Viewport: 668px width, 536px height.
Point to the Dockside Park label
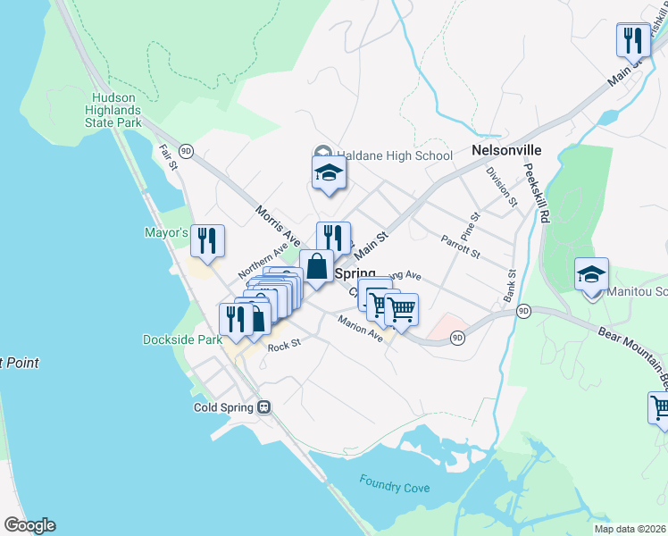coord(182,339)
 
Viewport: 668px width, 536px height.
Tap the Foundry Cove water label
coord(395,488)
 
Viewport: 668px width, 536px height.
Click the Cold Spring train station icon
coord(264,406)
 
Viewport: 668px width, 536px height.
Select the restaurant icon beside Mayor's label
coord(207,240)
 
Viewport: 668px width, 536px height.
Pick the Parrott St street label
coord(461,246)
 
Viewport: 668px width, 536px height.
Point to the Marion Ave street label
coord(360,329)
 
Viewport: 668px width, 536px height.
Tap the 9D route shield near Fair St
coord(186,151)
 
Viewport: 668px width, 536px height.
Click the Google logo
coord(29,525)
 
